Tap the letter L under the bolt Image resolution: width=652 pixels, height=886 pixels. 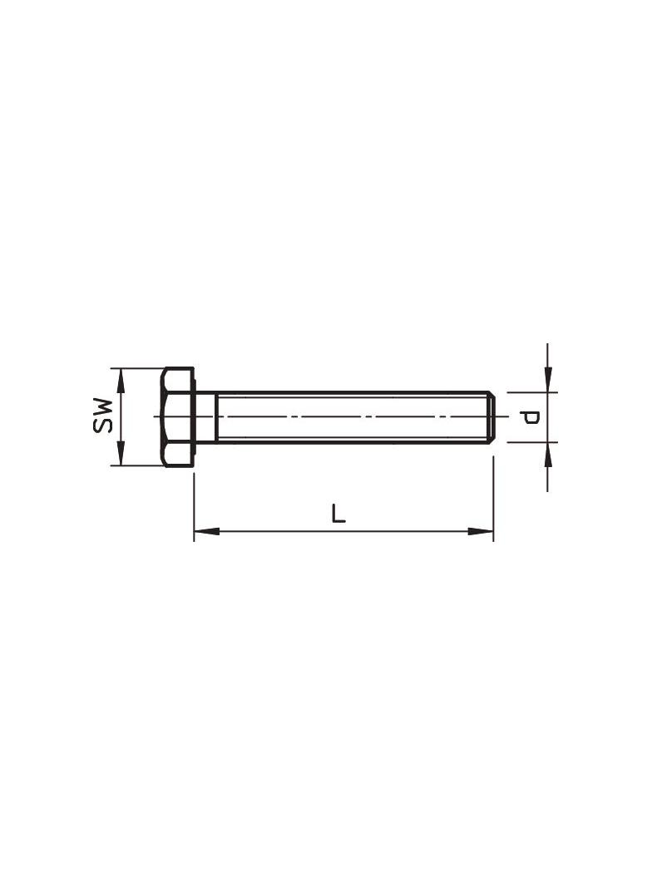click(338, 513)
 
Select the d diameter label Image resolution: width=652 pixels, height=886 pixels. click(531, 417)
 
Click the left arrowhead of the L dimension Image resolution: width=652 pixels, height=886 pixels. click(207, 531)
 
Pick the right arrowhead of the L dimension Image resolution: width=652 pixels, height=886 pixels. click(481, 531)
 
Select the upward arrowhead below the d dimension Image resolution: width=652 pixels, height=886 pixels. click(547, 455)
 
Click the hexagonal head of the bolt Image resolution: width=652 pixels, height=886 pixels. click(178, 417)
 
